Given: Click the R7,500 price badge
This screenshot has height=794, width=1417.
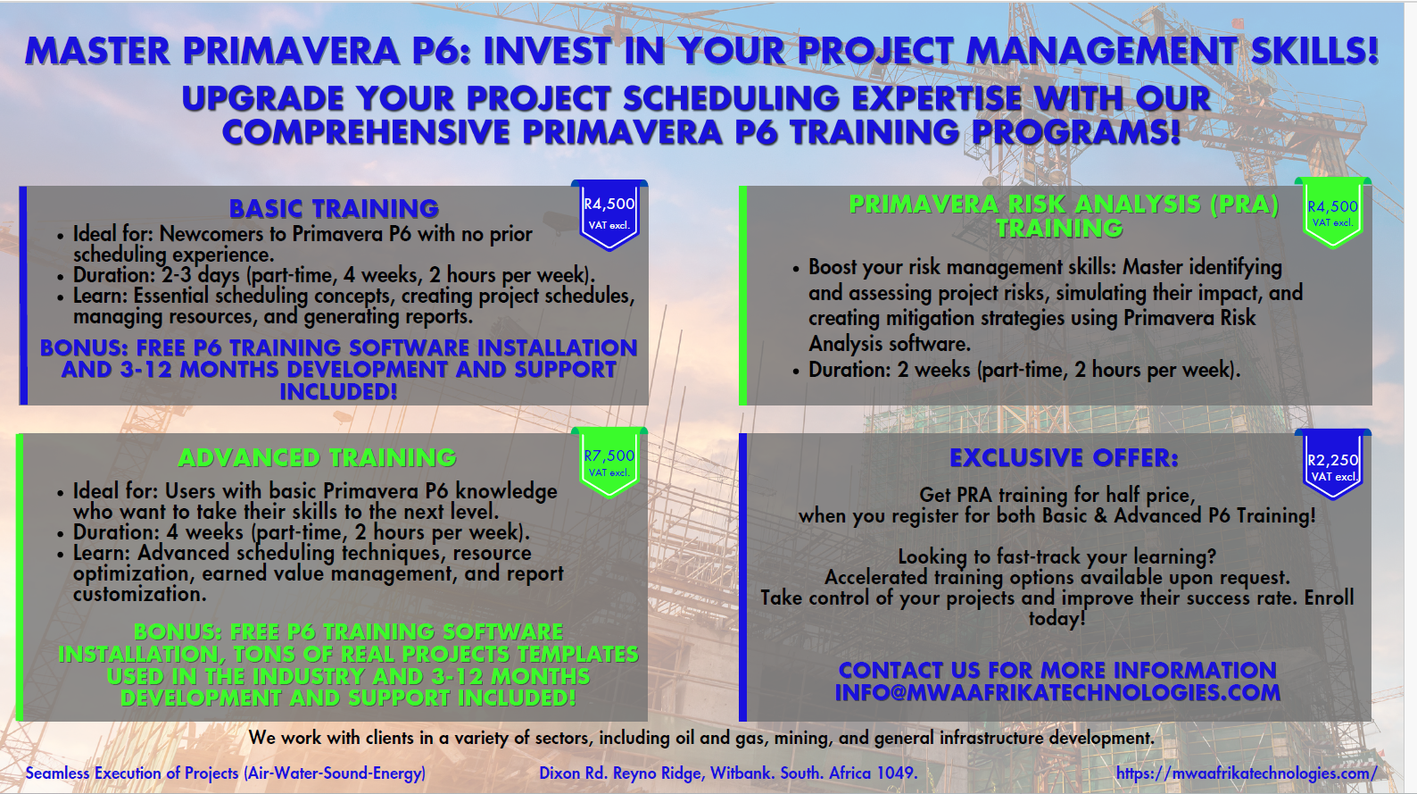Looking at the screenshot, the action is [609, 463].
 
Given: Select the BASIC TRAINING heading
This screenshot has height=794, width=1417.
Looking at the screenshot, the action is [334, 208].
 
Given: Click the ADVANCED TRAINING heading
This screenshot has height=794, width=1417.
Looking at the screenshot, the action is [316, 457].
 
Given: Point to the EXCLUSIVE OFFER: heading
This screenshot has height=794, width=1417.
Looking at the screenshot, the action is [1064, 457].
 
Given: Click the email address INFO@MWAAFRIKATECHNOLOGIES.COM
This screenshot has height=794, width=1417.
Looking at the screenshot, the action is [1057, 692].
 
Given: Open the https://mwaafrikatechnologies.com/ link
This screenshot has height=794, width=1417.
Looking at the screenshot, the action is [1247, 773].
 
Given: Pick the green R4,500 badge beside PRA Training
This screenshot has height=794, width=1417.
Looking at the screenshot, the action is [1333, 213].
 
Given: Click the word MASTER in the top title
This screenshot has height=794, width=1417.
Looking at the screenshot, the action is [97, 51].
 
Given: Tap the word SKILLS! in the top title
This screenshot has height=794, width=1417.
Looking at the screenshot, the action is [1314, 51].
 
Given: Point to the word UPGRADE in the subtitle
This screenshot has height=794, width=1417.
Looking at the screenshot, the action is [262, 99].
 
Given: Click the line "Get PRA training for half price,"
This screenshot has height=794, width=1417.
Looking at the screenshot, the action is [1057, 495].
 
